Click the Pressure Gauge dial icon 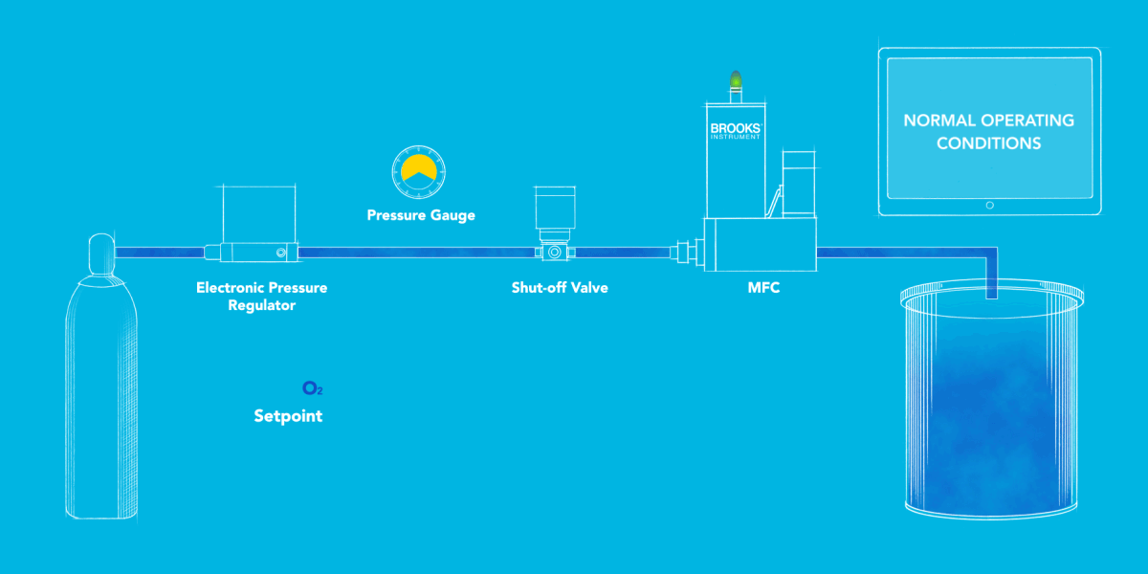tap(420, 169)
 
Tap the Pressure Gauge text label tap(421, 215)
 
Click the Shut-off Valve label tap(560, 287)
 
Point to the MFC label tap(763, 287)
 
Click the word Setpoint tap(288, 416)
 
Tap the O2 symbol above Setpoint tap(312, 388)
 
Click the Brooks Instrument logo tap(735, 130)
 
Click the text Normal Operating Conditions tap(988, 132)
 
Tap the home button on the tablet tap(989, 205)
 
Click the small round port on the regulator tap(280, 253)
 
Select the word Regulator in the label tap(261, 306)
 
